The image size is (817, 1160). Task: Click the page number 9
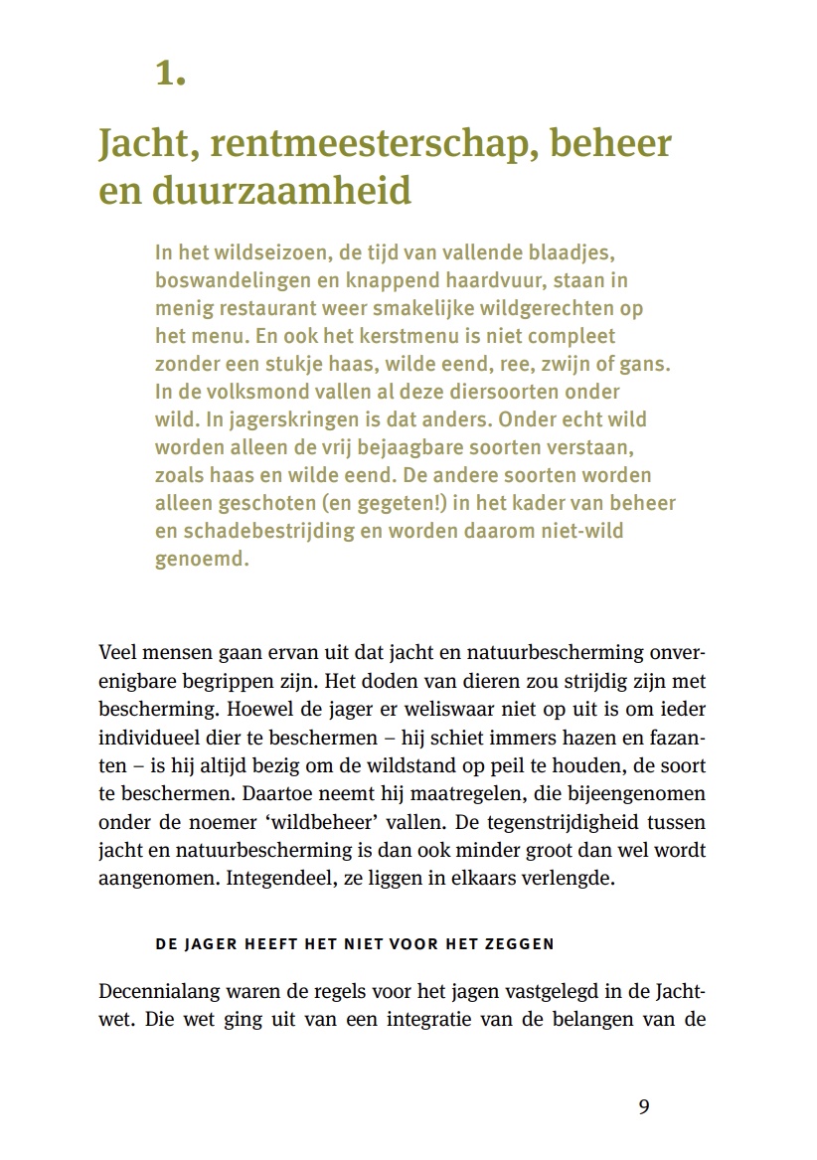[x=644, y=1107]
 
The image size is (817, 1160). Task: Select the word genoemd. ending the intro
[x=199, y=559]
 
